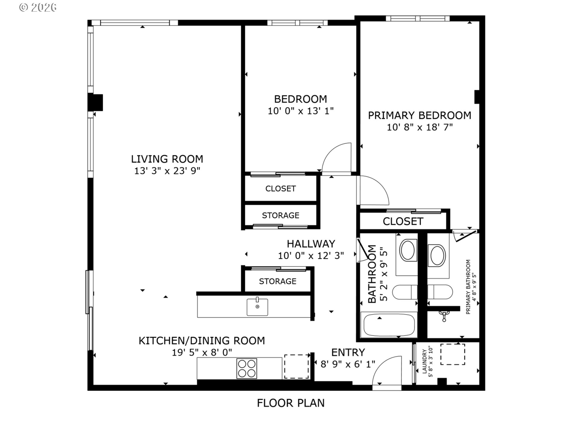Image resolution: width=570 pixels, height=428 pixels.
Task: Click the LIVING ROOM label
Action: pyautogui.click(x=167, y=159)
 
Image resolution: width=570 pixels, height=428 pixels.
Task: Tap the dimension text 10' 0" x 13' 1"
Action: pyautogui.click(x=300, y=111)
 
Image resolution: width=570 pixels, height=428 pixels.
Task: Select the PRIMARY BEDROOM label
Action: pyautogui.click(x=419, y=115)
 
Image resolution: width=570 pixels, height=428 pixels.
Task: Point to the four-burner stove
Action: pyautogui.click(x=246, y=369)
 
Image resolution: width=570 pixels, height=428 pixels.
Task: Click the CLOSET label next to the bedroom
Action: pyautogui.click(x=280, y=189)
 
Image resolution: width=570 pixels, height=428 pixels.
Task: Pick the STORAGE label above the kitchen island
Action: pyautogui.click(x=277, y=281)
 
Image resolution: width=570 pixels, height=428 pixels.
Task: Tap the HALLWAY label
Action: pyautogui.click(x=311, y=244)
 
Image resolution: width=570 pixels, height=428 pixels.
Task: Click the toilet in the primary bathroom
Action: pyautogui.click(x=440, y=292)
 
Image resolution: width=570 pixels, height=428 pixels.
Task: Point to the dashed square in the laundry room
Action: pyautogui.click(x=452, y=354)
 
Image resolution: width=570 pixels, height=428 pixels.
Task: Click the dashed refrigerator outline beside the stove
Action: pyautogui.click(x=296, y=366)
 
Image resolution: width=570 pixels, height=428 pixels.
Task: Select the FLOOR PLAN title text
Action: pyautogui.click(x=290, y=403)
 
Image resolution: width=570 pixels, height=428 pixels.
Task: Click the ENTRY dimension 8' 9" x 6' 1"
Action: pyautogui.click(x=348, y=364)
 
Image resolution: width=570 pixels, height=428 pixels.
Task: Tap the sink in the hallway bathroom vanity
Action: pyautogui.click(x=407, y=250)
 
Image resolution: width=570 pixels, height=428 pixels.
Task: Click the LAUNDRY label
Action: pyautogui.click(x=424, y=361)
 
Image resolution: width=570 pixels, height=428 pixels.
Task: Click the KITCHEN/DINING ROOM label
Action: pyautogui.click(x=202, y=341)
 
